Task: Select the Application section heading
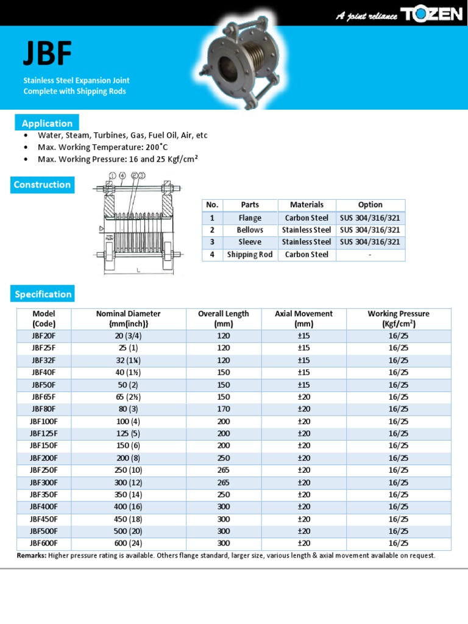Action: (x=47, y=123)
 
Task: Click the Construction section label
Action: (x=43, y=185)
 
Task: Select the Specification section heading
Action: (x=43, y=294)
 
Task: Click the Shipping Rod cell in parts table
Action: (x=250, y=255)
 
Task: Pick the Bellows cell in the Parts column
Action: (x=250, y=230)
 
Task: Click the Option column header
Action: (x=370, y=205)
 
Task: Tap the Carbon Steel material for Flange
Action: (x=307, y=218)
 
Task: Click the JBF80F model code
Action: (x=44, y=409)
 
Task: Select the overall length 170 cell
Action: (x=223, y=409)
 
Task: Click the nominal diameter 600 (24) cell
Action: (x=128, y=544)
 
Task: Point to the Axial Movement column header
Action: (x=303, y=319)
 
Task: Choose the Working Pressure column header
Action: (x=398, y=319)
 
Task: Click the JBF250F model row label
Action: (x=44, y=470)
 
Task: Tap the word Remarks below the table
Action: (x=31, y=556)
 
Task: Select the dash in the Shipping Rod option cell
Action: (x=370, y=255)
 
